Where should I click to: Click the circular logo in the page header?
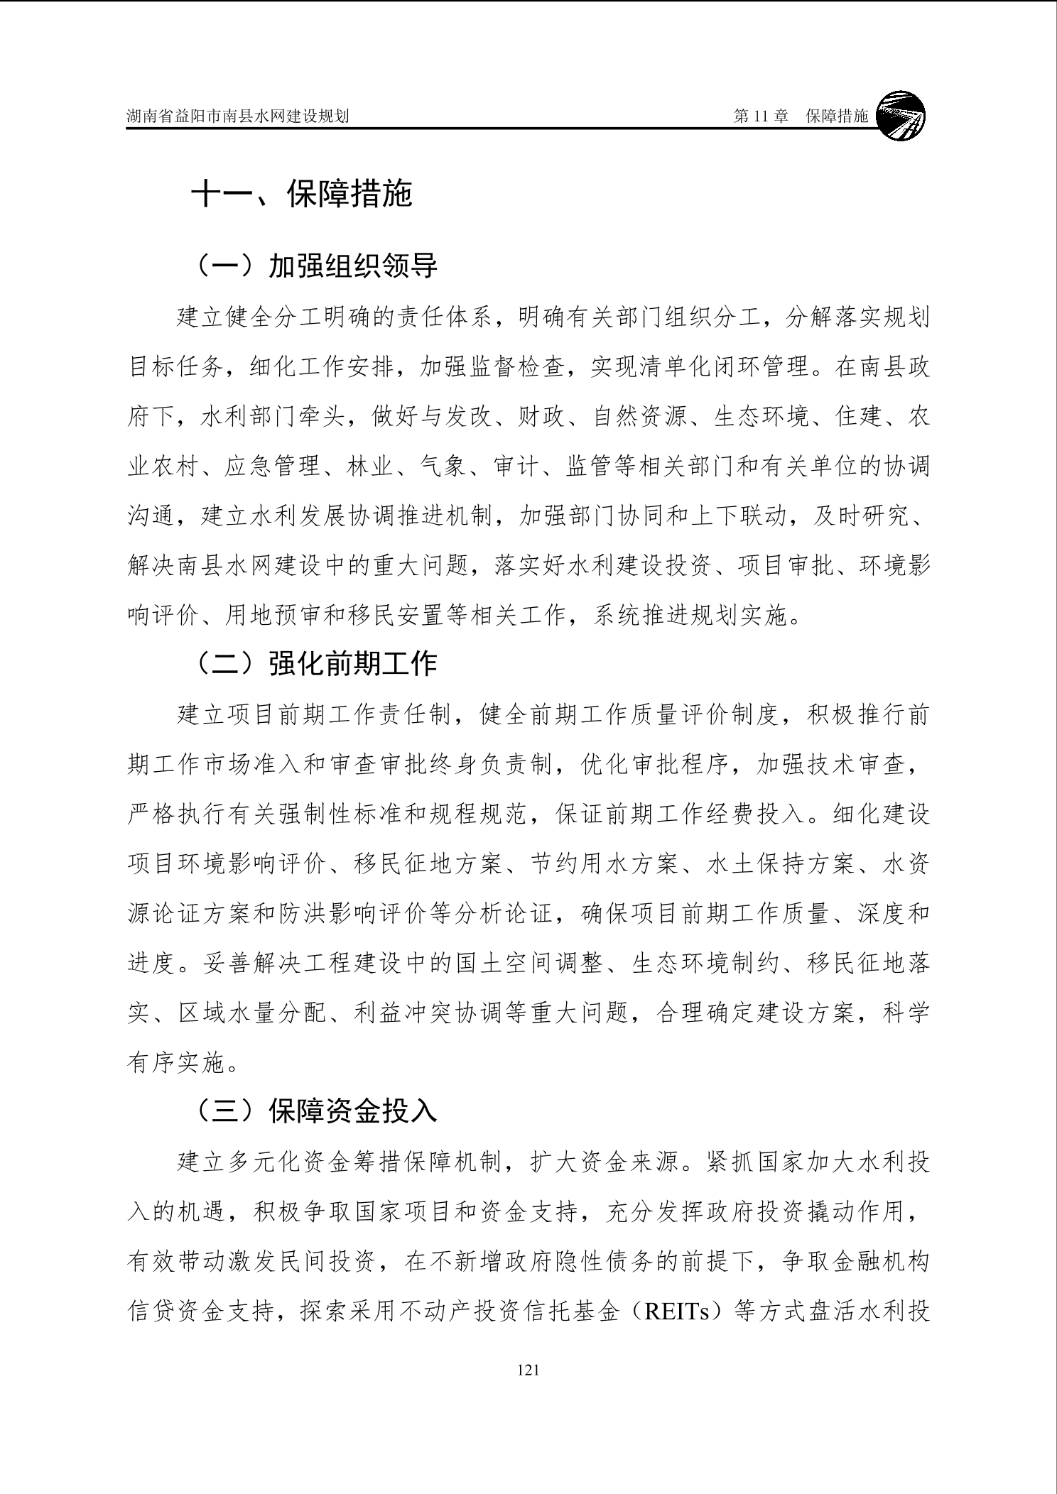click(x=901, y=116)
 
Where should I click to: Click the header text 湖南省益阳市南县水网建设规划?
click(x=237, y=116)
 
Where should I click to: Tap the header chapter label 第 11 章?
click(x=761, y=116)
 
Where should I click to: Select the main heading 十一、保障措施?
click(x=302, y=193)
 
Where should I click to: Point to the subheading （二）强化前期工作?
click(x=316, y=663)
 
